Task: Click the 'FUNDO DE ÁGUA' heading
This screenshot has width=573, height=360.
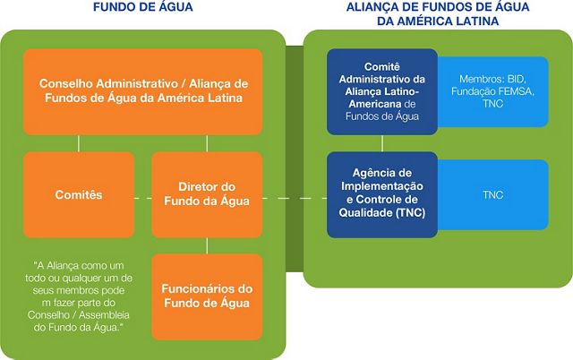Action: point(143,7)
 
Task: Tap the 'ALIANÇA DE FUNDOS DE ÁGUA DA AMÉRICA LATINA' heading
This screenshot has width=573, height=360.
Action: point(438,14)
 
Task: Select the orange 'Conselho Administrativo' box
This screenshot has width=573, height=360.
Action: point(143,91)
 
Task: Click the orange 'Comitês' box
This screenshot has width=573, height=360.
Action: point(79,195)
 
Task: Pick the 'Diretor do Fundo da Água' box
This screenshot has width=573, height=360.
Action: point(207,195)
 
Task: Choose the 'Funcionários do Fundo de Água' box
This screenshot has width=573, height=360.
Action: point(207,296)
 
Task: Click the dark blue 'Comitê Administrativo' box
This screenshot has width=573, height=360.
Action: point(382,91)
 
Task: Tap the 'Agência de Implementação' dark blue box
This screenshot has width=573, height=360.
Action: point(382,195)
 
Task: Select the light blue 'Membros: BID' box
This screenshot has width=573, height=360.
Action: point(493,91)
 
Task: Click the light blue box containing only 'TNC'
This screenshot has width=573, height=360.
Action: point(493,195)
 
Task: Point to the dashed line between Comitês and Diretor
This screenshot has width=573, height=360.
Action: point(143,199)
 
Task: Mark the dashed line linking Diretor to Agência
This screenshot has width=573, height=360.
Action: point(295,199)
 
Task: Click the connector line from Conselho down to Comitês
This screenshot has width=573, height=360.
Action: point(79,143)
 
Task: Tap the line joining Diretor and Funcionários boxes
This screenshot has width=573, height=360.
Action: point(207,246)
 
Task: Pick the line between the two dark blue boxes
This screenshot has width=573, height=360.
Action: point(382,143)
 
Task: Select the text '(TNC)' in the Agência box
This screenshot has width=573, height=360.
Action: point(410,213)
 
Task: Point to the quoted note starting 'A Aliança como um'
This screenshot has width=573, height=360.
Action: point(79,296)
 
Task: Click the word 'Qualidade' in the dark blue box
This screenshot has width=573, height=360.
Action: point(366,213)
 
